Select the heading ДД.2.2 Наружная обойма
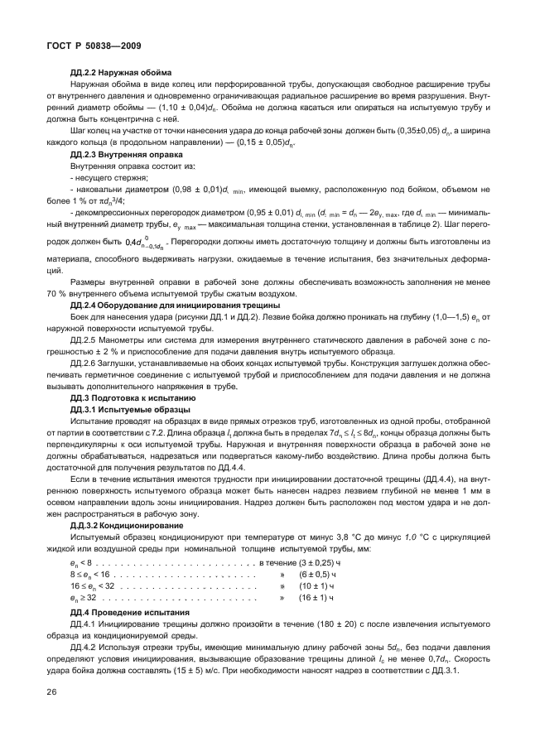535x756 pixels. [121, 72]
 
